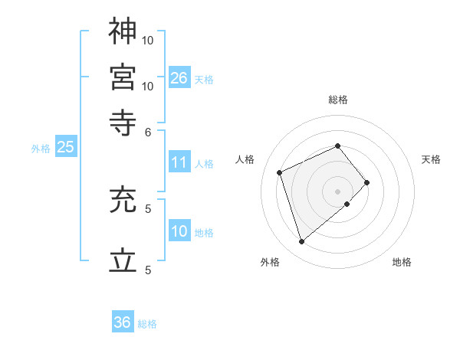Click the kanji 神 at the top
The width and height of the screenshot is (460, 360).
123,31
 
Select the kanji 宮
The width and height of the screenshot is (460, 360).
123,77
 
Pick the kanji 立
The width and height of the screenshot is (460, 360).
123,260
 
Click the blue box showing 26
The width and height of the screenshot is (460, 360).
179,78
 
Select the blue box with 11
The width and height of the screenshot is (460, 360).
179,162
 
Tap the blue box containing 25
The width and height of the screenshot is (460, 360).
65,148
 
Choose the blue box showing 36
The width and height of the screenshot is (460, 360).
123,322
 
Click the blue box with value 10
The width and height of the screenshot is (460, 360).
179,231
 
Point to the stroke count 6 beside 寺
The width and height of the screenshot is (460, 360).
148,132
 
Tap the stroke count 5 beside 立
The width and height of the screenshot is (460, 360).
148,270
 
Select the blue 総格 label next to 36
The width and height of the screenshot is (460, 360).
147,324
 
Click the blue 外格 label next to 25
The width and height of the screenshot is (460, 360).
41,149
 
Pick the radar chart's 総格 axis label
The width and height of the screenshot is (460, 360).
338,100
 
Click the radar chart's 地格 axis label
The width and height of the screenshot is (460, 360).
402,262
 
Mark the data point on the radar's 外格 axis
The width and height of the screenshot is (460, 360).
301,242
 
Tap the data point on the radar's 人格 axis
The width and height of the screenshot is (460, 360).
281,172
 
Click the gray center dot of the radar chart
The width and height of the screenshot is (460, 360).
338,190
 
